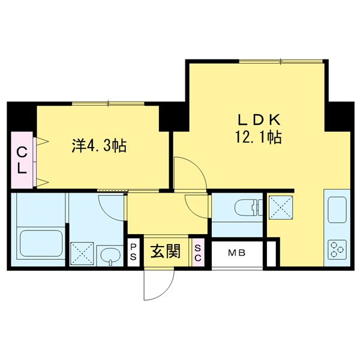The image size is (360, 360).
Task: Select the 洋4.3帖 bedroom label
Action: coord(98,145)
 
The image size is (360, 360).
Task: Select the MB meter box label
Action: coord(236,253)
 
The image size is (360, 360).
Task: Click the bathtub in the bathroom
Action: coord(41,244)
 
